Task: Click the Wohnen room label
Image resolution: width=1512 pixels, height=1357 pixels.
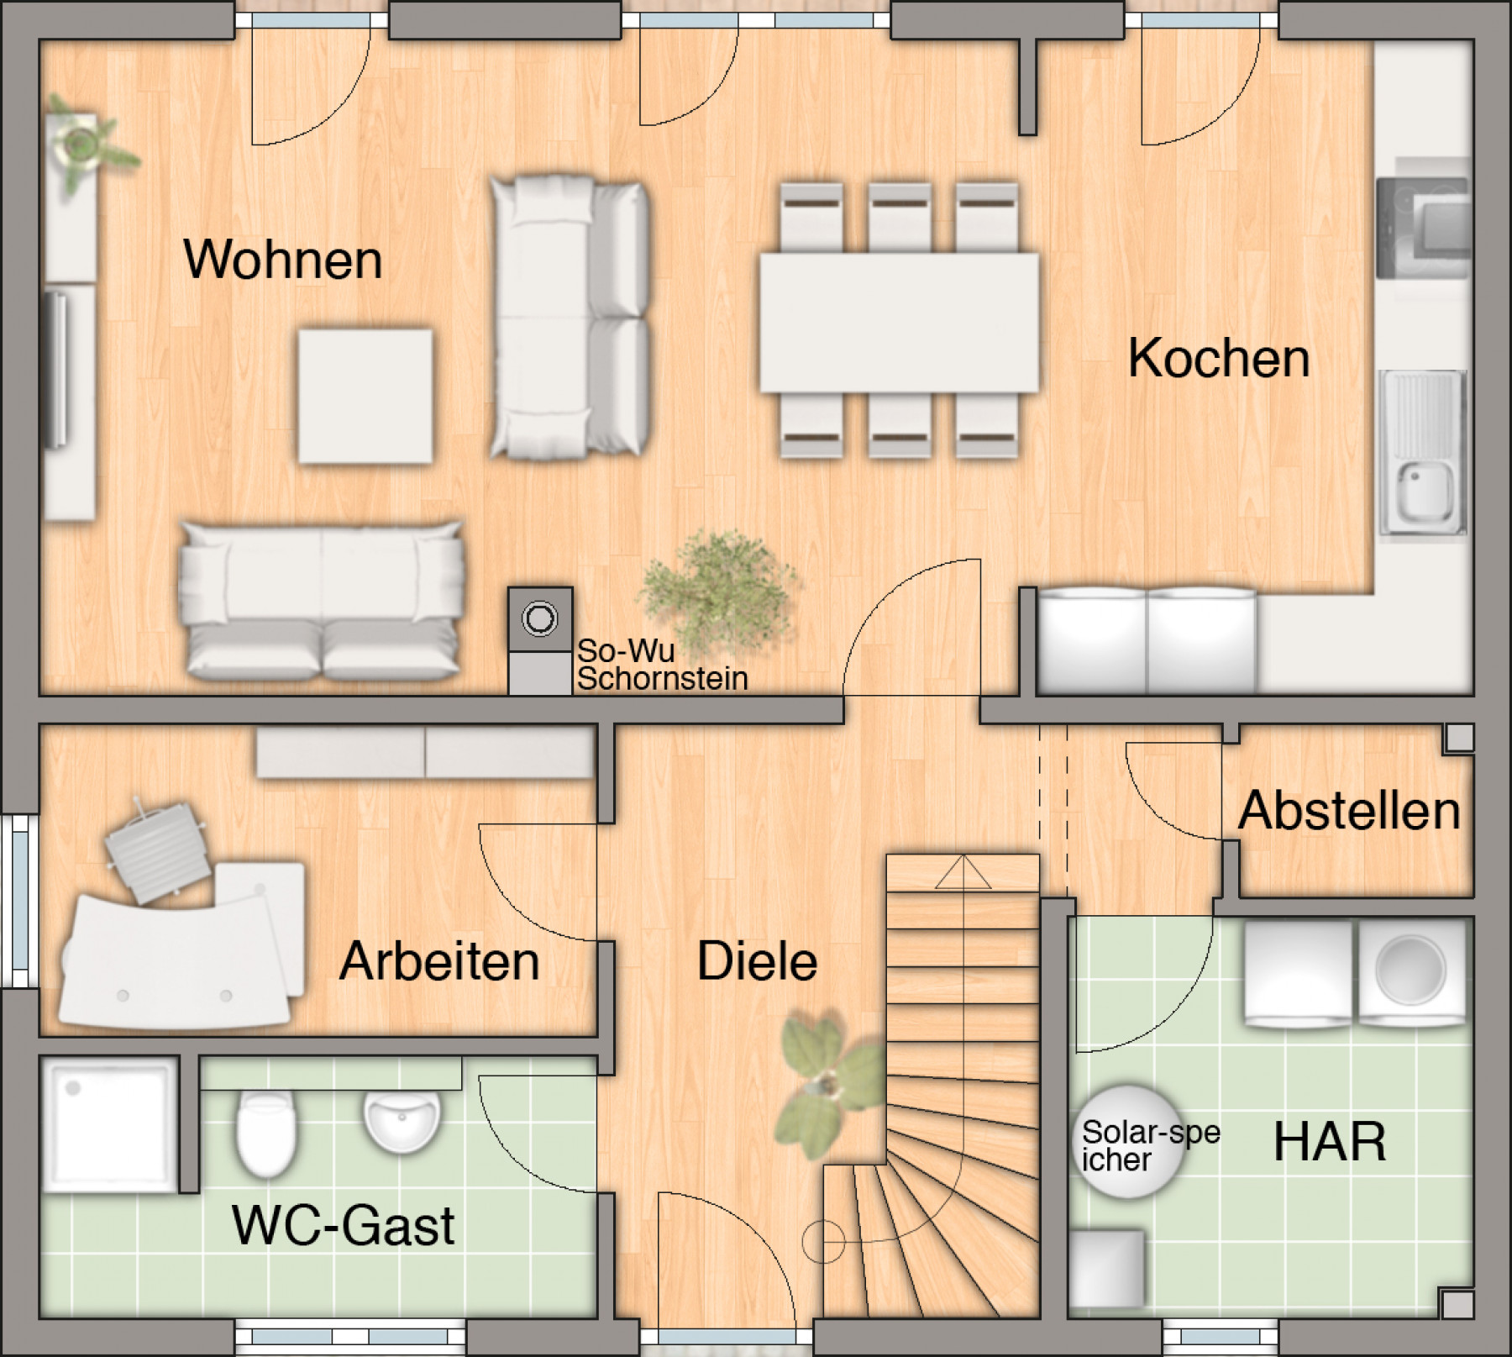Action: pos(283,260)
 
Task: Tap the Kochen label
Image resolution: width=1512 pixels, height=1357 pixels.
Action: pos(1218,358)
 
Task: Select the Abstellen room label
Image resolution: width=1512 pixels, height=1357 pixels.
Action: pos(1349,812)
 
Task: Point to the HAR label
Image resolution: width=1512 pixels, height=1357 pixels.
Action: pos(1330,1142)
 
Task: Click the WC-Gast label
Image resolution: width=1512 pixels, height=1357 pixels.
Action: pos(343,1226)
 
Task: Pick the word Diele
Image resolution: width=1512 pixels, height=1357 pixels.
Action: pos(757,962)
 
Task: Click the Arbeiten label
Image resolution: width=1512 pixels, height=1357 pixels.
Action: pos(439,962)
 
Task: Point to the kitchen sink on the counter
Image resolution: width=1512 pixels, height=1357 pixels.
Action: pos(1424,496)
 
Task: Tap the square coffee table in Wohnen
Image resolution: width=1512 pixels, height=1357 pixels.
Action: pos(365,396)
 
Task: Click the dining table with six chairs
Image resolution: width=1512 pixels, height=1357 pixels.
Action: pos(899,322)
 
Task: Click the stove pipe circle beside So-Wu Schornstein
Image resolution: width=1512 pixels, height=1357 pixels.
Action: pos(539,619)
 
